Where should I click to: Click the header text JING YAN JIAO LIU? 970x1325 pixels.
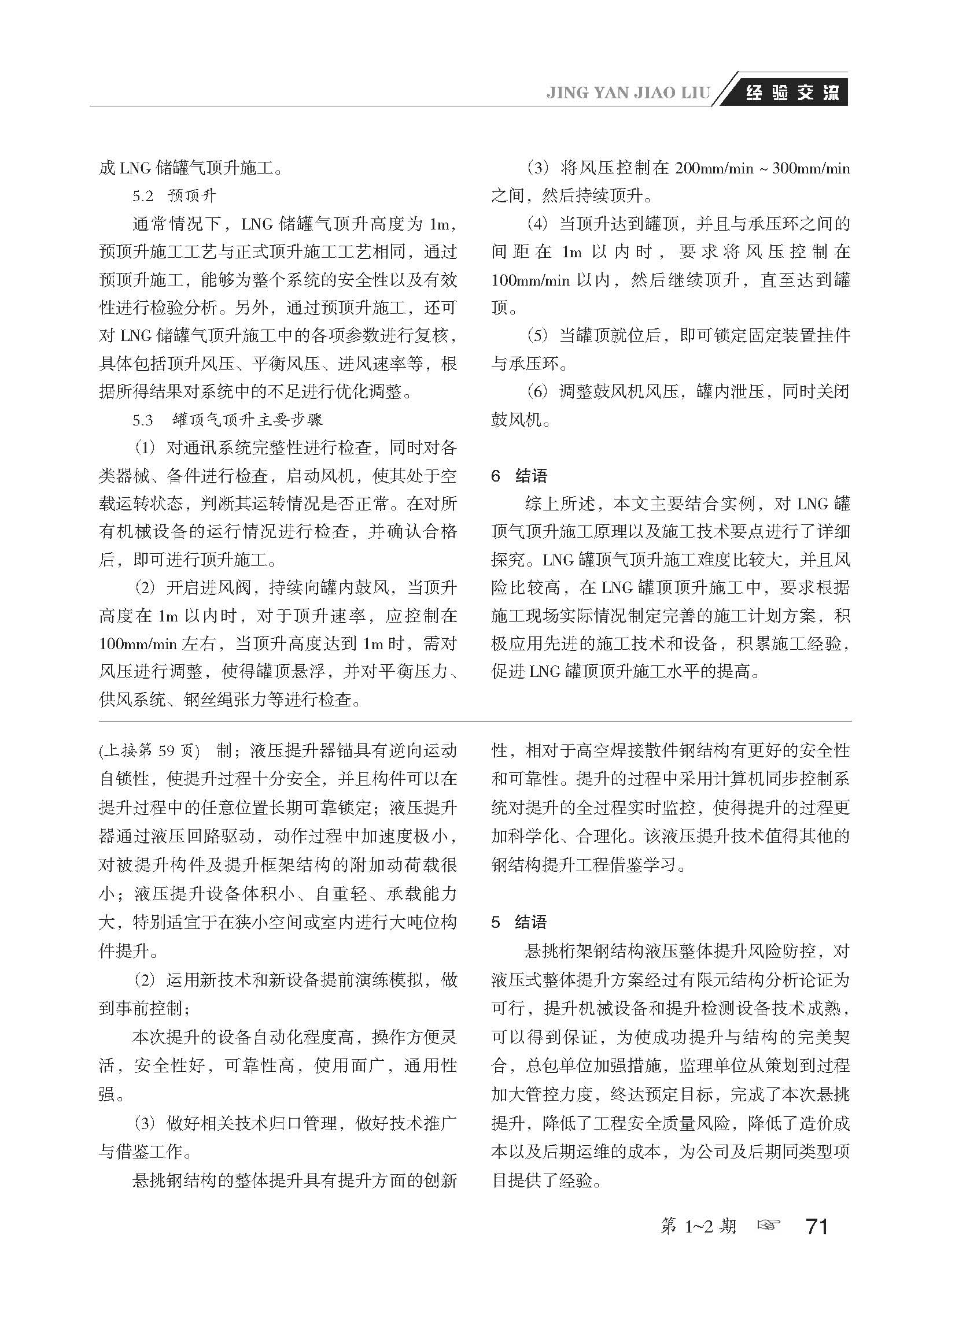tap(628, 93)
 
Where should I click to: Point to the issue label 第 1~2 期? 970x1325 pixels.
tap(698, 1226)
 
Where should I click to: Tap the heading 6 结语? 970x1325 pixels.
tap(519, 476)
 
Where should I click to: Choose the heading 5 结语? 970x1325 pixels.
tap(519, 923)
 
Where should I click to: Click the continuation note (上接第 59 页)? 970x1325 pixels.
tap(150, 751)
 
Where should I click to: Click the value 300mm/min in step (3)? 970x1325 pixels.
tap(811, 169)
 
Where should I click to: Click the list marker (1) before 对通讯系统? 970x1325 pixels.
tap(145, 449)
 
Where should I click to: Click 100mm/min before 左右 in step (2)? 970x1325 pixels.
tap(138, 645)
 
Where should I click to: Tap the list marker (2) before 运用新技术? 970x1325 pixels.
tap(145, 980)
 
